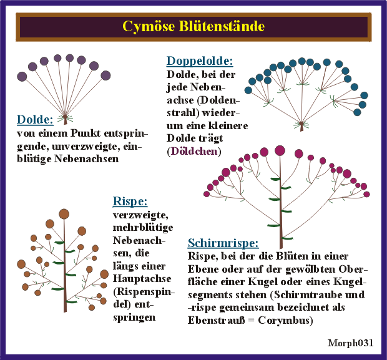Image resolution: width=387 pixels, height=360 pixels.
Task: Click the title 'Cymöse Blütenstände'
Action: [193, 27]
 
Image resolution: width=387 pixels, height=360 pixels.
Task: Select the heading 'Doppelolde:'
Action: [200, 61]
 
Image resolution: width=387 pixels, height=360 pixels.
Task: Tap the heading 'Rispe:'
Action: [130, 201]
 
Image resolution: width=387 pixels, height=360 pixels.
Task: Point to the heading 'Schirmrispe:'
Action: [223, 243]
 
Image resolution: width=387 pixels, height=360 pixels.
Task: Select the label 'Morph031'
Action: [350, 343]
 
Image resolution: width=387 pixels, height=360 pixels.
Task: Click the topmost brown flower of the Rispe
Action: [64, 214]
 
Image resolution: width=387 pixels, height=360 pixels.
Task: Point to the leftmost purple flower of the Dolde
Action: [22, 76]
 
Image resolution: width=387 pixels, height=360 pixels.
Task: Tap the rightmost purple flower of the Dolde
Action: [105, 75]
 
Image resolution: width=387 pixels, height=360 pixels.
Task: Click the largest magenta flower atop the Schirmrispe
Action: [280, 150]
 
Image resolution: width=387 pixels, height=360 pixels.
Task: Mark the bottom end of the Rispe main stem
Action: [64, 310]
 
